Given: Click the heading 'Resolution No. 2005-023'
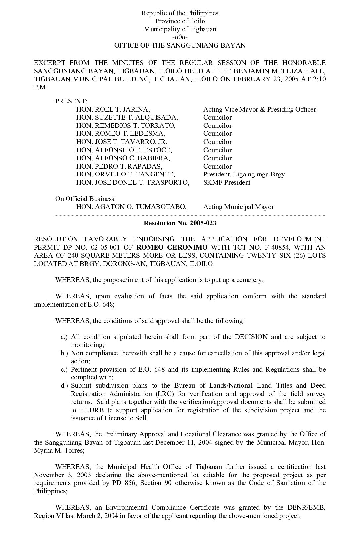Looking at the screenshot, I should point(180,223).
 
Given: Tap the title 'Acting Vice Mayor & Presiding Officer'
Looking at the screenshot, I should point(259,109).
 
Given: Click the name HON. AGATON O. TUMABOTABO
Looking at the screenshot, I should point(131,207).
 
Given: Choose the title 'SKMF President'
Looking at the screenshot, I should point(227,182).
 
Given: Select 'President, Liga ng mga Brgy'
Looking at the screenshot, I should point(244,174).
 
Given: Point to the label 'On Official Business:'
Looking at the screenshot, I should point(85,199).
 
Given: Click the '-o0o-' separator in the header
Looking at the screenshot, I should point(180,37).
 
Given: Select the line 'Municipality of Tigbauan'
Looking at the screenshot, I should point(180,29).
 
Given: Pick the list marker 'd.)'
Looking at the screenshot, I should point(64,385).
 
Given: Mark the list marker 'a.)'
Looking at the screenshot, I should point(64,337).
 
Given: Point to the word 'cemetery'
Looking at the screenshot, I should point(250,280).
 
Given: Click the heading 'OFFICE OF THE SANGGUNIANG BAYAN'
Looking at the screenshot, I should point(180,45).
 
